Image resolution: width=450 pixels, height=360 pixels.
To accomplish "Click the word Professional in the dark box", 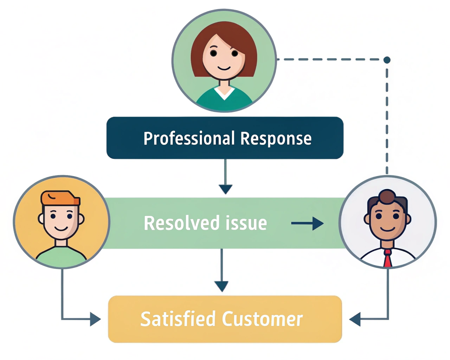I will pyautogui.click(x=189, y=139).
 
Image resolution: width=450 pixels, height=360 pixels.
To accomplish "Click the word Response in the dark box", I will pyautogui.click(x=276, y=139).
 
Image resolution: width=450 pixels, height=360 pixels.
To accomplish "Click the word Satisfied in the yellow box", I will pyautogui.click(x=178, y=319).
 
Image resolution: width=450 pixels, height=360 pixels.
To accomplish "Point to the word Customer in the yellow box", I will pyautogui.click(x=262, y=319).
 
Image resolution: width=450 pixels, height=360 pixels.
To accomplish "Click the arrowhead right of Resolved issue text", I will pyautogui.click(x=318, y=223).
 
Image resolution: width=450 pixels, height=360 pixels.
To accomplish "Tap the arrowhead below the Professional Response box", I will pyautogui.click(x=225, y=189).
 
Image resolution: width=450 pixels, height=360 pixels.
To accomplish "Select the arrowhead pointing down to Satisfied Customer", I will pyautogui.click(x=221, y=286).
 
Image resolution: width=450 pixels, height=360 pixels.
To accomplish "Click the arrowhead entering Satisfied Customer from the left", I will pyautogui.click(x=95, y=319).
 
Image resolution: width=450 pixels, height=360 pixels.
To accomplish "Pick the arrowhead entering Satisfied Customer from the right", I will pyautogui.click(x=355, y=319).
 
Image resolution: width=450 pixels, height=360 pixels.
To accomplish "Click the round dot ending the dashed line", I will pyautogui.click(x=387, y=60).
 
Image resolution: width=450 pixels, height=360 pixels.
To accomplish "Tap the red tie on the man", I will pyautogui.click(x=387, y=259).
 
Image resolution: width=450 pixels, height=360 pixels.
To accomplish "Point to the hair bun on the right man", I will pyautogui.click(x=387, y=196).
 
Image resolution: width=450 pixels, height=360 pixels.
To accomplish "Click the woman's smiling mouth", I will pyautogui.click(x=224, y=68).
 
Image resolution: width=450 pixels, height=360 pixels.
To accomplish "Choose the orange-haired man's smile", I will pyautogui.click(x=61, y=229).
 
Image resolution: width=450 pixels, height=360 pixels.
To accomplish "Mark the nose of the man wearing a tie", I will pyautogui.click(x=387, y=221).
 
